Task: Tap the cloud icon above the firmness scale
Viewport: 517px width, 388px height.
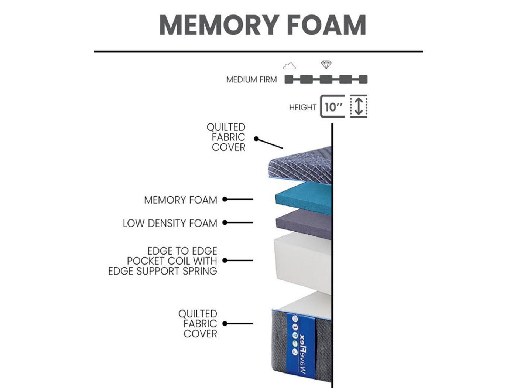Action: pyautogui.click(x=289, y=66)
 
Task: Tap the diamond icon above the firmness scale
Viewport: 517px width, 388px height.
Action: pyautogui.click(x=326, y=65)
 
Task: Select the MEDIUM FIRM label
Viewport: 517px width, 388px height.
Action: pyautogui.click(x=251, y=79)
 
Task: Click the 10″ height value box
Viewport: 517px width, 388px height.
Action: pyautogui.click(x=332, y=106)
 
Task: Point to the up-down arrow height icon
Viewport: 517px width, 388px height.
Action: pyautogui.click(x=359, y=106)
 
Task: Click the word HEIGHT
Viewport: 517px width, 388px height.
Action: pyautogui.click(x=302, y=108)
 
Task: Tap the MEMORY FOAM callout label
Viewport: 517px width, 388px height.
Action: pyautogui.click(x=181, y=200)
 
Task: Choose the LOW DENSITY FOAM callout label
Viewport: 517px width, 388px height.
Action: pyautogui.click(x=170, y=223)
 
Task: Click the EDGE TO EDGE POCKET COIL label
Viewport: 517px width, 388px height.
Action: pyautogui.click(x=162, y=261)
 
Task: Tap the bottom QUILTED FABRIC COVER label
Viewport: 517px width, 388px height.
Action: pyautogui.click(x=198, y=324)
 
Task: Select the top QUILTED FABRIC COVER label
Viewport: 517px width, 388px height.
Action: pyautogui.click(x=226, y=137)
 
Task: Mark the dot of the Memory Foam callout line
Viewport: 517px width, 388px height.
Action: pyautogui.click(x=225, y=199)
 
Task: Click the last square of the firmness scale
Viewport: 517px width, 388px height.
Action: pyautogui.click(x=363, y=79)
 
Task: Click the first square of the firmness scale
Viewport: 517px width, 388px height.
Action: pyautogui.click(x=289, y=79)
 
